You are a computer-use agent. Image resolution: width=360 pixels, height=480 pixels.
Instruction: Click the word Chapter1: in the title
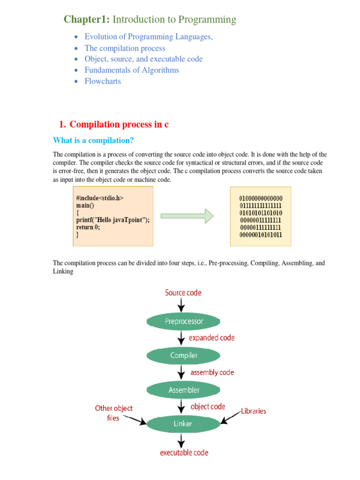point(87,20)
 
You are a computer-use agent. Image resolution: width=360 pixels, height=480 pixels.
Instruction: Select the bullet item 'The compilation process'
point(125,48)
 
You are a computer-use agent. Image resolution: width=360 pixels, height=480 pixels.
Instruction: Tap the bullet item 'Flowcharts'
point(103,81)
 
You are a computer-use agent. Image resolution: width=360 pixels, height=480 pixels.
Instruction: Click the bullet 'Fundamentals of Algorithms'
point(132,70)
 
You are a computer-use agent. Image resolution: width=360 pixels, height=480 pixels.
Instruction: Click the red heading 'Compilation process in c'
point(119,124)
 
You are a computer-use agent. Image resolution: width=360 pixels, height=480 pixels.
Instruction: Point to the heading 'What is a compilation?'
point(93,141)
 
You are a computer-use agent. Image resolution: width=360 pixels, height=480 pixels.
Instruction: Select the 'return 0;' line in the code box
point(88,227)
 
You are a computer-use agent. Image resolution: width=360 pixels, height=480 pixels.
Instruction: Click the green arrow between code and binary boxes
point(187,216)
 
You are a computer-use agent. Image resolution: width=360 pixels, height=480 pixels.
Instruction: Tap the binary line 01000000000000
point(261,198)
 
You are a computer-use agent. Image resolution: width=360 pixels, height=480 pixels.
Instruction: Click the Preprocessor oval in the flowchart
point(183,322)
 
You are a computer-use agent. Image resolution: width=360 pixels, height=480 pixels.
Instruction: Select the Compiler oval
point(183,355)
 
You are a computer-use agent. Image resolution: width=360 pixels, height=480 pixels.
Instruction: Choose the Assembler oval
point(183,390)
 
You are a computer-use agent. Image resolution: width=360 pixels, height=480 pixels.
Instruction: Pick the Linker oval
point(183,424)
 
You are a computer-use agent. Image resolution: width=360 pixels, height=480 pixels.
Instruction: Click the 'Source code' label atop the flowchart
point(183,293)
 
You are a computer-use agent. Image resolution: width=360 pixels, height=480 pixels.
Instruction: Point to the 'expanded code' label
point(211,338)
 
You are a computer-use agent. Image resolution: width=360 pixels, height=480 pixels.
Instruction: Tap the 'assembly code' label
point(212,373)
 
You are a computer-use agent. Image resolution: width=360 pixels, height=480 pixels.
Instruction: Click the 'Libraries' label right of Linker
point(253,411)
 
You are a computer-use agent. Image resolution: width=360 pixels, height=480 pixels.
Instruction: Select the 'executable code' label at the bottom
point(184,453)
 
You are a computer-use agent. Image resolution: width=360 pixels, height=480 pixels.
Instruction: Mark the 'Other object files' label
point(113,413)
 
